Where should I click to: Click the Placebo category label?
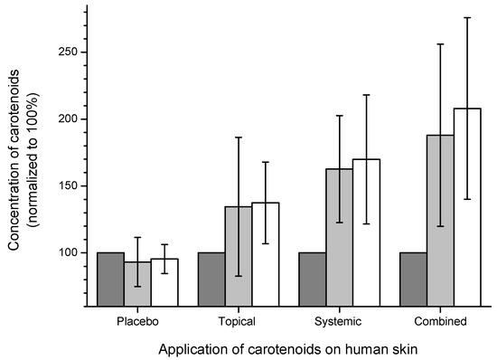point(137,321)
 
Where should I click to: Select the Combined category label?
point(441,321)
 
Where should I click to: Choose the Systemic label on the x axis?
point(340,321)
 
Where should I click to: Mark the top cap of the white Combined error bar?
point(467,17)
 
